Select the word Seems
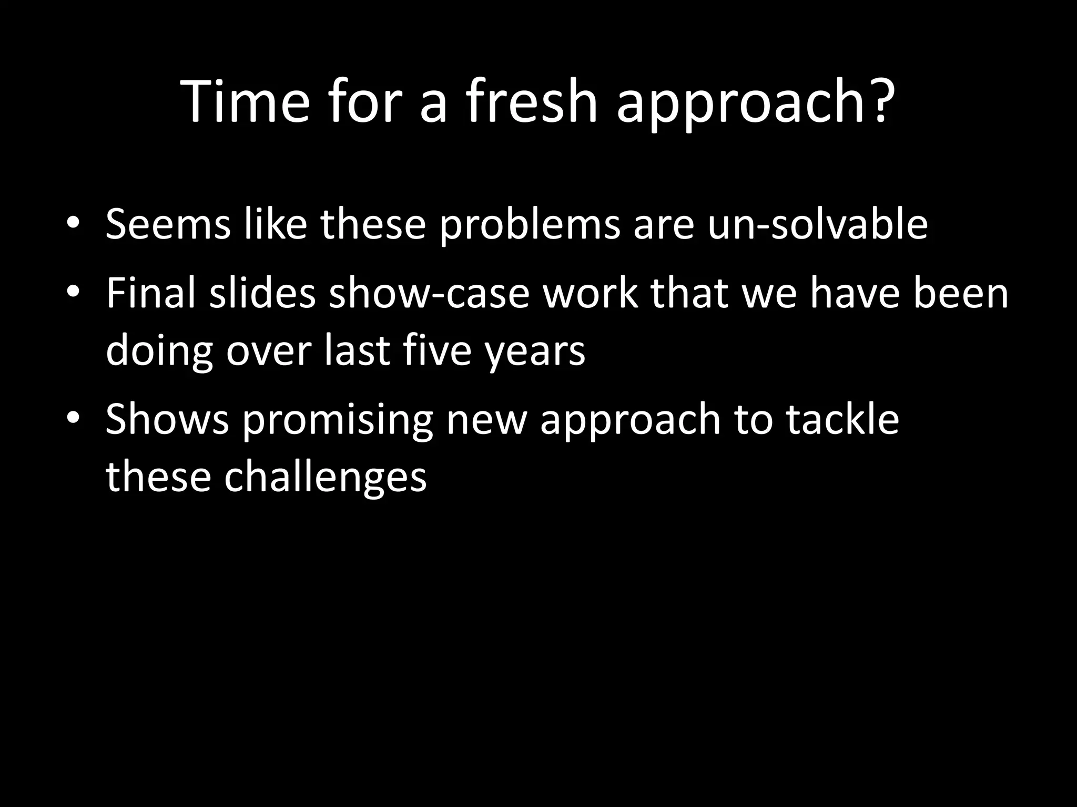[168, 224]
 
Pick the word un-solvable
[817, 224]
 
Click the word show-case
[429, 293]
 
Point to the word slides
[262, 293]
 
